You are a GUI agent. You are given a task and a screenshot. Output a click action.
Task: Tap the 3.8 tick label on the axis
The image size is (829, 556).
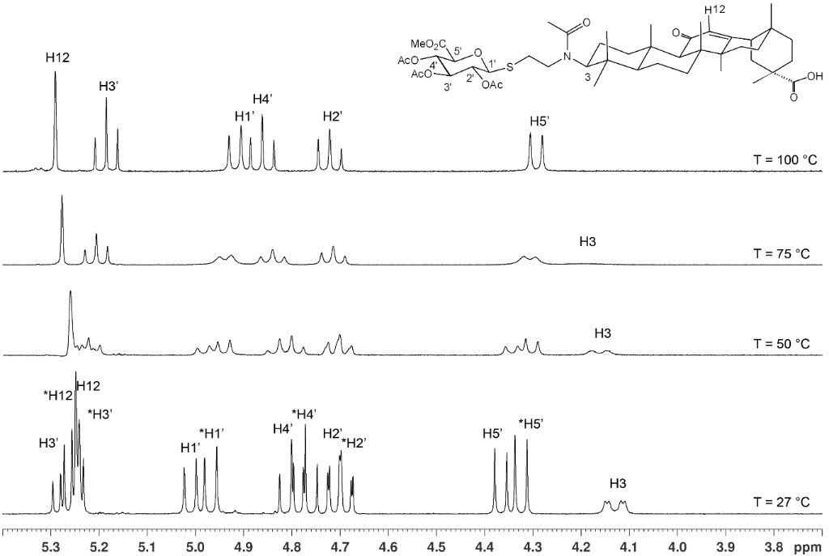773,545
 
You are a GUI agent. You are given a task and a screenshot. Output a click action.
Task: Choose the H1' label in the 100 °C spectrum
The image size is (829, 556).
244,115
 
